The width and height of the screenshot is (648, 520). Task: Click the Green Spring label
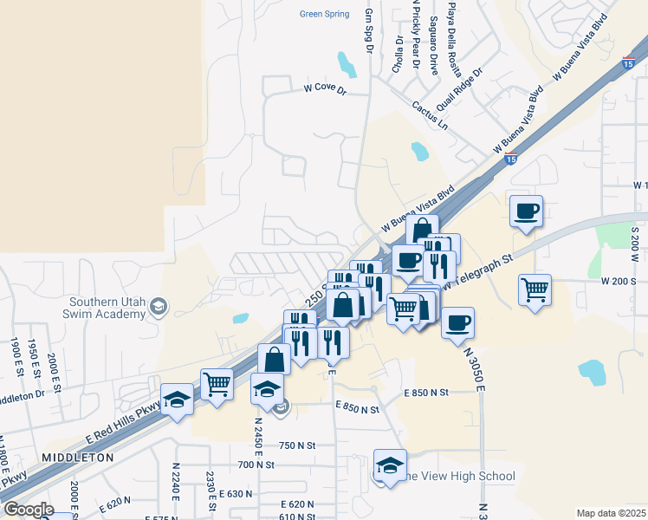pyautogui.click(x=324, y=14)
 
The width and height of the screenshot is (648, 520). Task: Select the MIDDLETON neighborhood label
pyautogui.click(x=78, y=457)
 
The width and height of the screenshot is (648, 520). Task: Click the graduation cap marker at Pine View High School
pyautogui.click(x=390, y=465)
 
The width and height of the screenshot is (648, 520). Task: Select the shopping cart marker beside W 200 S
pyautogui.click(x=535, y=289)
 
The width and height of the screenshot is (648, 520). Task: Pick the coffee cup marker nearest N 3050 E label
pyautogui.click(x=457, y=322)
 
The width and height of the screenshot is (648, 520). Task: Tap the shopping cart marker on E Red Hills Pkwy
pyautogui.click(x=217, y=382)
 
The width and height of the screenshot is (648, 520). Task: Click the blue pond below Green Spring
pyautogui.click(x=347, y=64)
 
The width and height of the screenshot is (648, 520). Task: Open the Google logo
pyautogui.click(x=29, y=510)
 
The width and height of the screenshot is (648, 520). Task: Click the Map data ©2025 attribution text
pyautogui.click(x=611, y=513)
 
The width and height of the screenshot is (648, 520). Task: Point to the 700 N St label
pyautogui.click(x=256, y=465)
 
